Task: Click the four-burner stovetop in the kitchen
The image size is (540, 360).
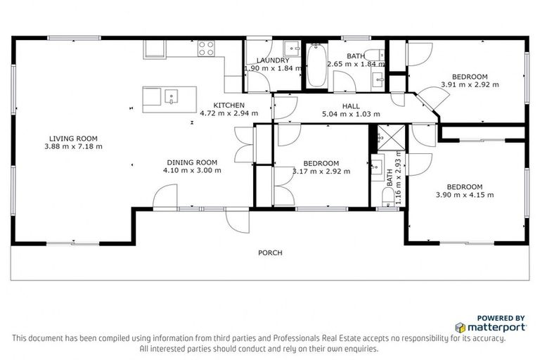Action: tap(206, 49)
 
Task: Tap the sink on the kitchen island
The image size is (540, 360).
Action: tap(170, 97)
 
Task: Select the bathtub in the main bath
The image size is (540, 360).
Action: tap(315, 65)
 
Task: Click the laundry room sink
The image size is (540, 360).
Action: tap(290, 49)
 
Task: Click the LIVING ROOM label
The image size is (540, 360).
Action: tap(73, 139)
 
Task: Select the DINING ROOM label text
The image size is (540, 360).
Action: tap(192, 161)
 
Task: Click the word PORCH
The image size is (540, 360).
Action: tap(270, 253)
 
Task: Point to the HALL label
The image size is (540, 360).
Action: tap(351, 106)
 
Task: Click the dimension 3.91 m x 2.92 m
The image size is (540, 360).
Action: tap(469, 84)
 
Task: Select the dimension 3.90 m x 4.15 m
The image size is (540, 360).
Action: tap(465, 195)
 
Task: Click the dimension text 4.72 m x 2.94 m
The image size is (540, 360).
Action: tap(229, 112)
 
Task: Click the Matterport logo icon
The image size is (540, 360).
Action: tap(460, 328)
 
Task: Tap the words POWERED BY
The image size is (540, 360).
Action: tap(501, 318)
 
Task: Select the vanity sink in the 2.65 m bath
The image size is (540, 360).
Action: tap(378, 77)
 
